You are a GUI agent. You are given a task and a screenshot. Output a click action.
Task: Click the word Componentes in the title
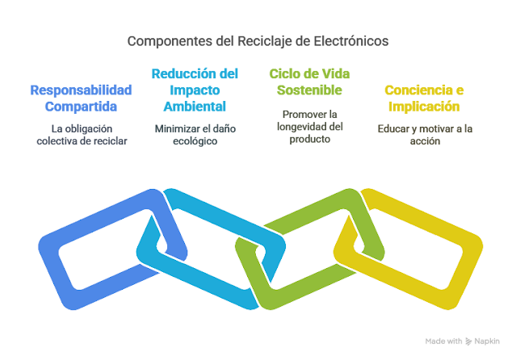(x=166, y=40)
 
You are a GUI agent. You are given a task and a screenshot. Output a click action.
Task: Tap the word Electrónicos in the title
(x=351, y=40)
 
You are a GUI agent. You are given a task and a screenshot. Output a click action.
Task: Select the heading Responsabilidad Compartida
(x=81, y=98)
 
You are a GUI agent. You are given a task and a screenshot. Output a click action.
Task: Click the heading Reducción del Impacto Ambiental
(x=195, y=90)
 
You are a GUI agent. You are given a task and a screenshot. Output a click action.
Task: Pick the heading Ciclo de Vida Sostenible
(x=309, y=81)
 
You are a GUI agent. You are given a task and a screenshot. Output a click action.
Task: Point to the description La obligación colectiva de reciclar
(x=82, y=135)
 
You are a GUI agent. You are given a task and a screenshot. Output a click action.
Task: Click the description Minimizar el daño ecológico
(x=195, y=135)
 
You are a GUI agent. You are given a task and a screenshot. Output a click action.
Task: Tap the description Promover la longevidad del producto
(x=309, y=127)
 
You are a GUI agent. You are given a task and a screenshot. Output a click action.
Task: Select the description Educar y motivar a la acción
(x=424, y=135)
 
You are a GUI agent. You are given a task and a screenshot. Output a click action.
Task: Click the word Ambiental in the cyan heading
(x=195, y=106)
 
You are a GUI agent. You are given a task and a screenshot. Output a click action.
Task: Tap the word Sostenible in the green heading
(x=309, y=89)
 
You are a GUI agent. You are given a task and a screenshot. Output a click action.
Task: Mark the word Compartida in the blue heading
(x=81, y=106)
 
